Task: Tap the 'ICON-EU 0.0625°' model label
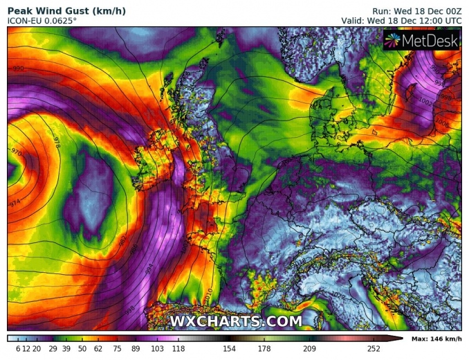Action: pos(42,21)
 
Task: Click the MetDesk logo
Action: pos(422,42)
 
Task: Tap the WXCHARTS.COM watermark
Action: pos(236,321)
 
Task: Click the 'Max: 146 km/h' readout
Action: pos(436,339)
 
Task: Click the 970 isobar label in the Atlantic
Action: pos(15,150)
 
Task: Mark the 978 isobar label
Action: pos(57,144)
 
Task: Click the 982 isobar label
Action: pos(122,239)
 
